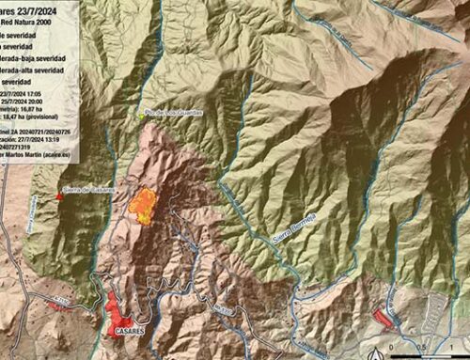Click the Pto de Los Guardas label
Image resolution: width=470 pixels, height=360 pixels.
pos(175,114)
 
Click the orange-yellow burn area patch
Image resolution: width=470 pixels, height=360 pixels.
pos(143,203)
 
